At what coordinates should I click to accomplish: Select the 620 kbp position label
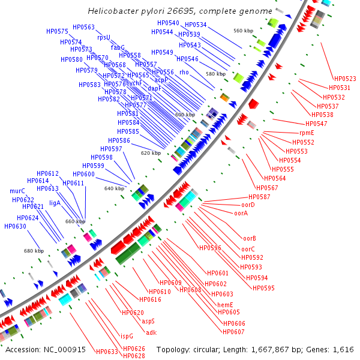(x=151, y=153)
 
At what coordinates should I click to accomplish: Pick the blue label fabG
(x=118, y=47)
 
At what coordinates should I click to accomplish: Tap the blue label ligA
(x=55, y=203)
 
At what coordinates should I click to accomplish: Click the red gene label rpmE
(x=307, y=133)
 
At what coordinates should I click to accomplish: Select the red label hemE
(x=225, y=304)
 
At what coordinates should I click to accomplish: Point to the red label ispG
(x=127, y=336)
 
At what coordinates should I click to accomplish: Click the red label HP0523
(x=345, y=79)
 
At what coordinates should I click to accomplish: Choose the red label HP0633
(x=107, y=351)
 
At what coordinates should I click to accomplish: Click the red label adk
(x=151, y=332)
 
